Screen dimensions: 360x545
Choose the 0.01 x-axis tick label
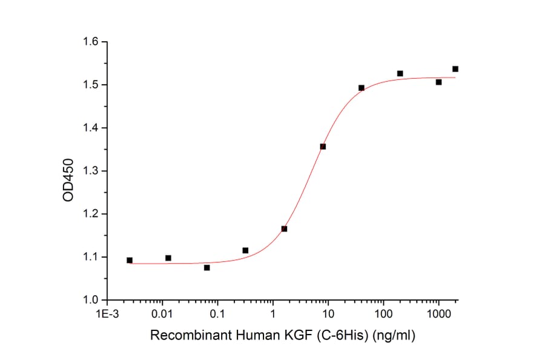[x=162, y=314]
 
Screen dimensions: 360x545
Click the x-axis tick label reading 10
[x=328, y=314]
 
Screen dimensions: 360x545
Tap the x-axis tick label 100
[x=383, y=314]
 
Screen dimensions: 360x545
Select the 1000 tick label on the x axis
[x=438, y=314]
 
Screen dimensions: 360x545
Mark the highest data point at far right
[x=455, y=69]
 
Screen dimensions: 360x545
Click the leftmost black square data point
[x=130, y=260]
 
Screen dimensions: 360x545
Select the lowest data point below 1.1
[x=207, y=267]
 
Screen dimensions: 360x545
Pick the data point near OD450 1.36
[x=323, y=147]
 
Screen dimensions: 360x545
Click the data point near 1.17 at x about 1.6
[x=284, y=228]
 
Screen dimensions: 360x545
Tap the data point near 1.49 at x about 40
[x=362, y=88]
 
